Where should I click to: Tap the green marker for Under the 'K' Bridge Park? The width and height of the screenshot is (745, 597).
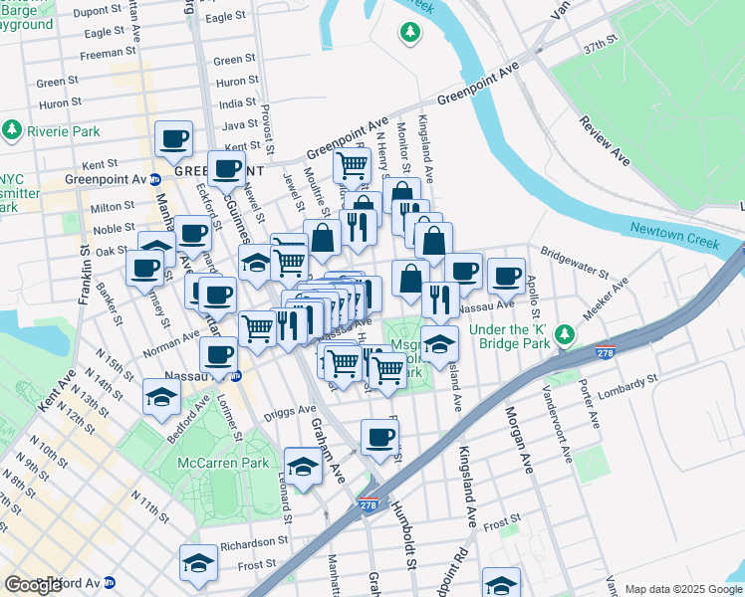(x=566, y=334)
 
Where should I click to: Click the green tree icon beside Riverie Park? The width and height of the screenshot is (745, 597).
(x=12, y=130)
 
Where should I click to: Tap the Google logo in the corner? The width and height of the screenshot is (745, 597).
(x=33, y=584)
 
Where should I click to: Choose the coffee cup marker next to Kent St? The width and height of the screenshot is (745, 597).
(x=174, y=139)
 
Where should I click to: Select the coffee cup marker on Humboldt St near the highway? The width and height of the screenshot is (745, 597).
(x=378, y=437)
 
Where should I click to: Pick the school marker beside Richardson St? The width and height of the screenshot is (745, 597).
(x=199, y=562)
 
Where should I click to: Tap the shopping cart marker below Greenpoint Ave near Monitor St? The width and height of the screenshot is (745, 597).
(x=352, y=166)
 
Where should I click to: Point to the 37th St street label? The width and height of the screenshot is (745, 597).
(x=601, y=48)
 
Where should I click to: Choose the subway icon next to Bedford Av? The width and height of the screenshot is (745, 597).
(x=110, y=583)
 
